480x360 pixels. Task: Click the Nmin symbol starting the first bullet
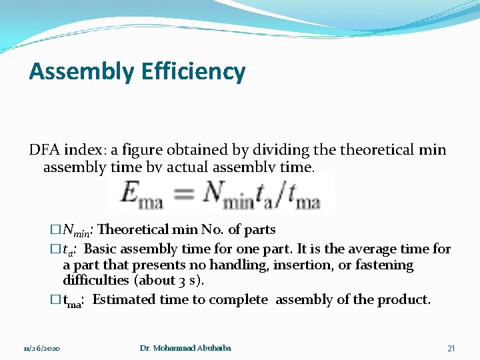point(76,231)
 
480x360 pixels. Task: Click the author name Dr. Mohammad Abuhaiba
point(185,349)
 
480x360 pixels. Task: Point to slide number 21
point(451,349)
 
